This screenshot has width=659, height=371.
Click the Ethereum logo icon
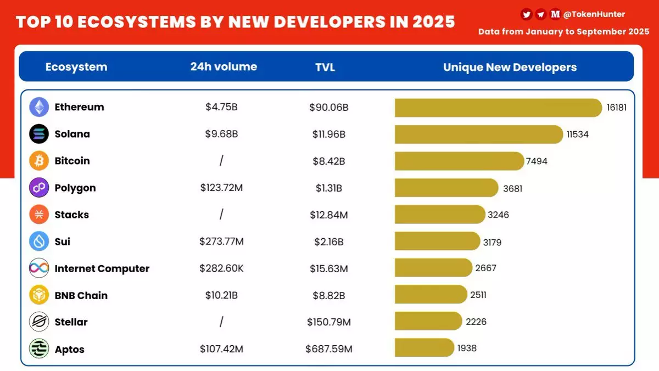click(39, 107)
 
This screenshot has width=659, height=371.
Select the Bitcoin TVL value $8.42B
click(328, 161)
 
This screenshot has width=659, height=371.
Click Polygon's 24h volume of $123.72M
click(221, 188)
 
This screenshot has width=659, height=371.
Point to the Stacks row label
click(71, 215)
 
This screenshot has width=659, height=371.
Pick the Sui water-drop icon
click(39, 241)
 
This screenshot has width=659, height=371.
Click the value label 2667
click(486, 268)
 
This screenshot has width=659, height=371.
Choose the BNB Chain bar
click(431, 295)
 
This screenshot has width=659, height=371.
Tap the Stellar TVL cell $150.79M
click(328, 322)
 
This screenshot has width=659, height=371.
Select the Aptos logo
click(39, 349)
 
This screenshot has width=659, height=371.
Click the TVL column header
click(325, 68)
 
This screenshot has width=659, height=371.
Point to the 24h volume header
click(224, 67)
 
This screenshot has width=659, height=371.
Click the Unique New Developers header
click(510, 68)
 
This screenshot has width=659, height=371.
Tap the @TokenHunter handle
click(594, 15)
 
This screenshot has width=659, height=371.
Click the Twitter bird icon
click(527, 15)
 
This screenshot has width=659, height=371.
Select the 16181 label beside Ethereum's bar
click(616, 108)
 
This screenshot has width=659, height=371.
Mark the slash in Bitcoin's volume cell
click(221, 161)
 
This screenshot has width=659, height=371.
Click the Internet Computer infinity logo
click(39, 268)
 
